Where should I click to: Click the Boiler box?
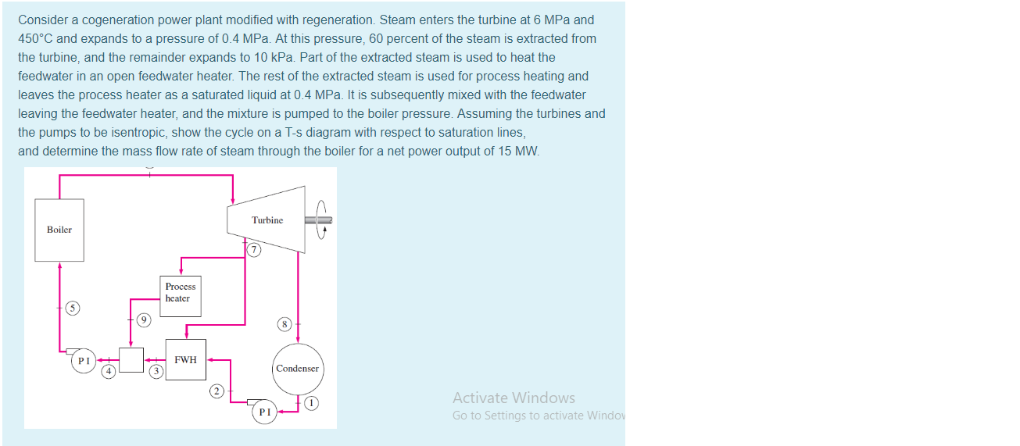click(59, 230)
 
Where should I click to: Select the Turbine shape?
click(267, 219)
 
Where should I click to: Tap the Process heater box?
click(181, 295)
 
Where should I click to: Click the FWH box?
click(185, 360)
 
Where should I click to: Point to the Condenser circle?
click(297, 368)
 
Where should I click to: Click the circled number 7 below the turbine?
click(252, 250)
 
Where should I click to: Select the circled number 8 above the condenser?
click(285, 323)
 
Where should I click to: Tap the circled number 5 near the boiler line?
click(72, 309)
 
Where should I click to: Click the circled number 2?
click(217, 390)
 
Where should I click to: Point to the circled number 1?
click(312, 403)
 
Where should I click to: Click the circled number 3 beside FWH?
click(156, 372)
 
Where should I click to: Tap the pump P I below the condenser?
click(264, 412)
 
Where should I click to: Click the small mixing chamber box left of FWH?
click(131, 360)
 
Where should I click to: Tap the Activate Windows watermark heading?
click(514, 398)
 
